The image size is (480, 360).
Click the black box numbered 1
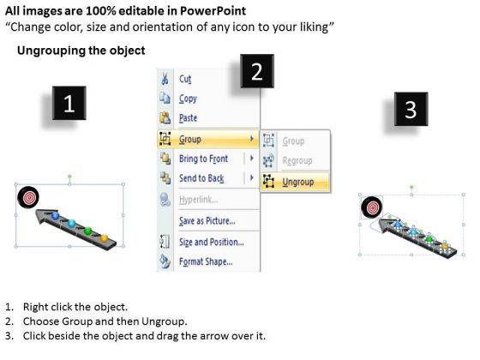coord(69,103)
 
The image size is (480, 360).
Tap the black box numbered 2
coord(257,71)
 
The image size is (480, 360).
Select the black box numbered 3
coord(411,109)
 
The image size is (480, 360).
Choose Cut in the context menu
coord(185,79)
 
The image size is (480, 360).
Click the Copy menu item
coord(188,99)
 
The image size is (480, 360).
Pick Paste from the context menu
coord(188,118)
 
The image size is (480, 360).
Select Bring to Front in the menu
coord(204,159)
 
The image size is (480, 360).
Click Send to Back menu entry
coord(201,178)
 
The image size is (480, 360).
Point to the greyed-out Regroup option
coord(297,161)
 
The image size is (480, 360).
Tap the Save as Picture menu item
coord(207,221)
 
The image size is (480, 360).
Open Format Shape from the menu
coord(206,261)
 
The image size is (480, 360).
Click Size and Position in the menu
coord(212,242)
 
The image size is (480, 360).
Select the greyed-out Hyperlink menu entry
coord(199,200)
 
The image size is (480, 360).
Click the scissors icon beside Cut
coord(165,78)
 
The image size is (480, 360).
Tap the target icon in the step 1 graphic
coord(28,197)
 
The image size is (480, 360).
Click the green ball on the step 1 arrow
coord(87,231)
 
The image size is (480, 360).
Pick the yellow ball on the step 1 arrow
coord(105,238)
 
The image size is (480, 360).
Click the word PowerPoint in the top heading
coord(213,11)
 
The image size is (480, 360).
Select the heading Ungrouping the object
coord(81,51)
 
